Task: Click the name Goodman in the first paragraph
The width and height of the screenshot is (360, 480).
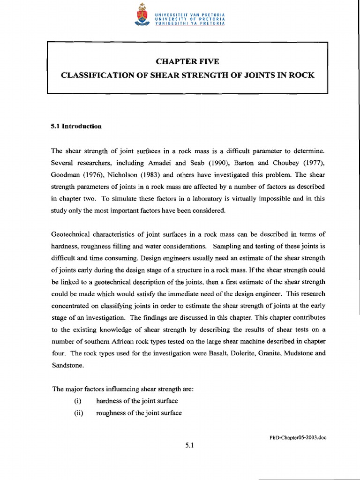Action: coord(65,174)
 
